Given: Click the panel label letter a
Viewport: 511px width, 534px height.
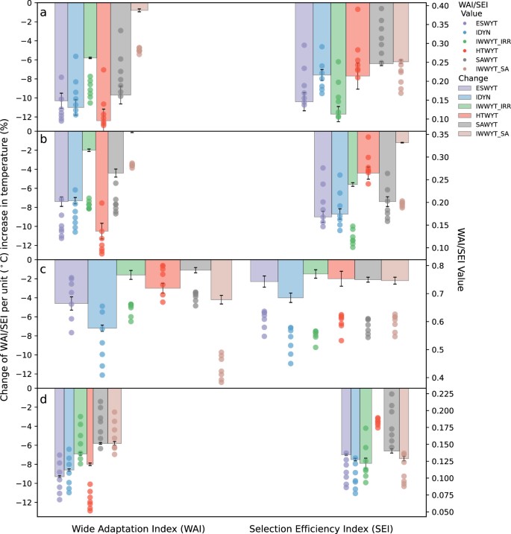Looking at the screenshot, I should (43, 13).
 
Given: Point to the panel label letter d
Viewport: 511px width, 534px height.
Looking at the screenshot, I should (43, 398).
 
